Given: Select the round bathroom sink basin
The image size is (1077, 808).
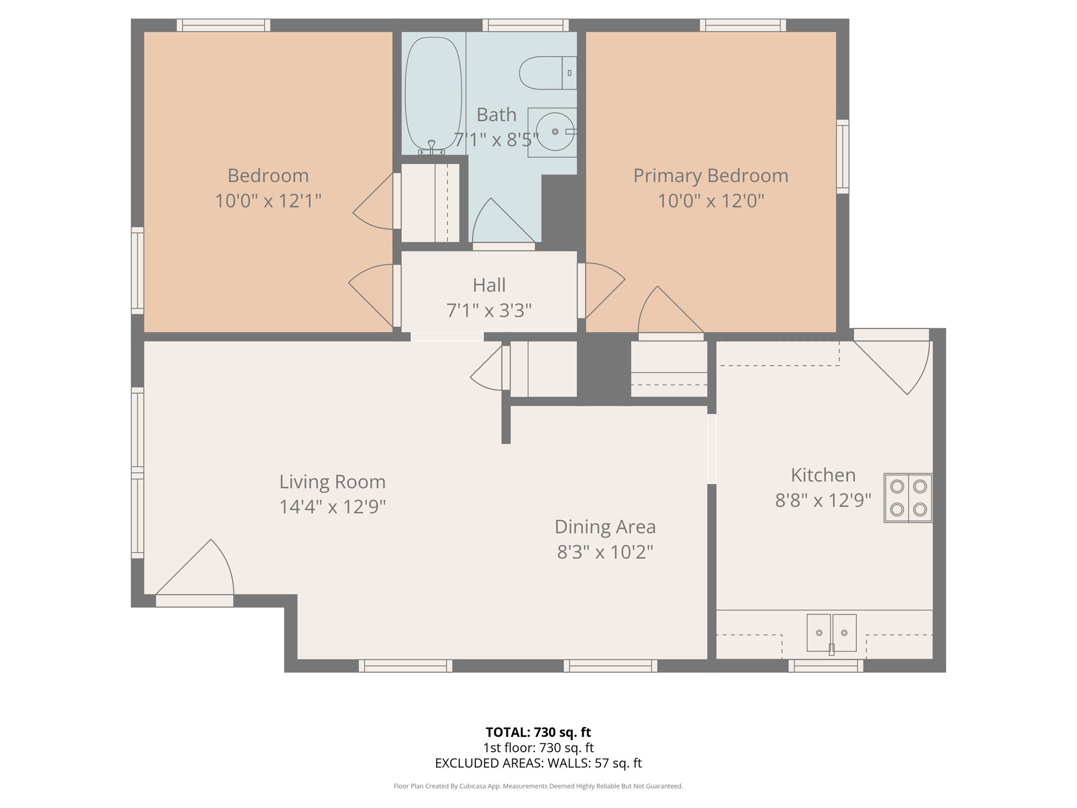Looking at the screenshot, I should pos(555,132).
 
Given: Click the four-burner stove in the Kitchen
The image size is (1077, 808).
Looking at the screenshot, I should pos(908,498).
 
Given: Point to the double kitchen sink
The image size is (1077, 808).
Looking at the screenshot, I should pos(831,632).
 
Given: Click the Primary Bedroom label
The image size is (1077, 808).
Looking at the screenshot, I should pos(710,176).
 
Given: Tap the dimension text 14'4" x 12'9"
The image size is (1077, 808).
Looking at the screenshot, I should pos(332,507).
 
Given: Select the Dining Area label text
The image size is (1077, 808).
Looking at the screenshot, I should pos(605,527).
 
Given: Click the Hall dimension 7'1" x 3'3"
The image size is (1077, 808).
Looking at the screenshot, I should pos(489,310).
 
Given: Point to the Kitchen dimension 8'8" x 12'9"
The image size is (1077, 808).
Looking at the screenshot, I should pos(823,500).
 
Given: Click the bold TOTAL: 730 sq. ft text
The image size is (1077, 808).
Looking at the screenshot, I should pos(538,732).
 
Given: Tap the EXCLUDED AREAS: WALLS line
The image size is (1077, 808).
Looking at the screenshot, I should pos(538,763).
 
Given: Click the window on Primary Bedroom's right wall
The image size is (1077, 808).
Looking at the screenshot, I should pos(842,156).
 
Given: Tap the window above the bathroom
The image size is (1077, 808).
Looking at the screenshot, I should pos(525,25).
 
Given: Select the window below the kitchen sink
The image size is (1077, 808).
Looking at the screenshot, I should pos(826,666).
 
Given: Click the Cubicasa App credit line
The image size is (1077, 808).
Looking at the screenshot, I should pos(538,786).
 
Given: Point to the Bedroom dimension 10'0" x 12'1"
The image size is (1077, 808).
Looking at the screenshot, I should pos(268,201).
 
